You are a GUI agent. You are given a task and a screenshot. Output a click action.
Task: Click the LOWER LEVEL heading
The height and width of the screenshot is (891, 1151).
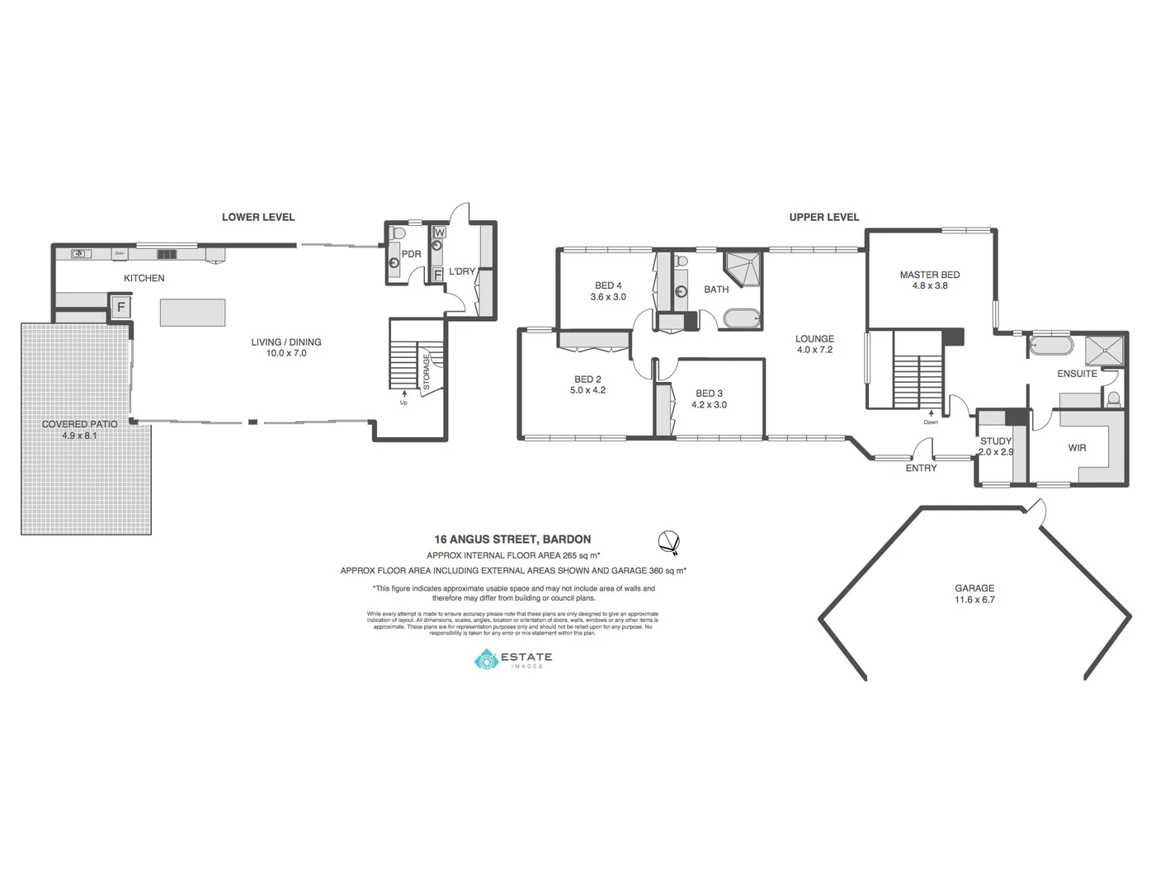[x=257, y=217]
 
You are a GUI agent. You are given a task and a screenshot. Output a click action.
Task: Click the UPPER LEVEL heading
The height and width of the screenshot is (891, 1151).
[x=823, y=217]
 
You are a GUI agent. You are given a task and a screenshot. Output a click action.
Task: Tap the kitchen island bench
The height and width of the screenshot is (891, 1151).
[x=192, y=313]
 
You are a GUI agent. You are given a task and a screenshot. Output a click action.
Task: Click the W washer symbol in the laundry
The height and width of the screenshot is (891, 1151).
[x=438, y=233]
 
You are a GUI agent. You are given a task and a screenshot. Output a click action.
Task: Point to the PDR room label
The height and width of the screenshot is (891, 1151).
[x=411, y=254]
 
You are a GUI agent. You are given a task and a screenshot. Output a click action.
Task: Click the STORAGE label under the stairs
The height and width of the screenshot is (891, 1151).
[x=427, y=372]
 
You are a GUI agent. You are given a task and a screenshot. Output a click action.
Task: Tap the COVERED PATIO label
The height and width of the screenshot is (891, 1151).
[x=79, y=424]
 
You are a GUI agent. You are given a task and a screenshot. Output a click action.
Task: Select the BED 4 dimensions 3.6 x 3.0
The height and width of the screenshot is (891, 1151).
[x=608, y=297]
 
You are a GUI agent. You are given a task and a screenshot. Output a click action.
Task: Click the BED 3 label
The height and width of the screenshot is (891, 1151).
[x=709, y=394]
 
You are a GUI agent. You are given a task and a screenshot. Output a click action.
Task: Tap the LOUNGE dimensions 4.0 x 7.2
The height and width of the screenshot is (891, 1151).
[x=814, y=350]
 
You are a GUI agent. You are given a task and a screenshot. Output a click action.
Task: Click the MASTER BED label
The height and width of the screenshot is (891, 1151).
[x=929, y=275]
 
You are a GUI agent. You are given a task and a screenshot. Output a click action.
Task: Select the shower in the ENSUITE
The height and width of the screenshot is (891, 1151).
[x=1104, y=350]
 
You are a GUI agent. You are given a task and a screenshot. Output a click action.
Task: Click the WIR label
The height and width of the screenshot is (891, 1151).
[x=1077, y=448]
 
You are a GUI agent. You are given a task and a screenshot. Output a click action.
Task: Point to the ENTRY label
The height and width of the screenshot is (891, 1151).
[x=921, y=468]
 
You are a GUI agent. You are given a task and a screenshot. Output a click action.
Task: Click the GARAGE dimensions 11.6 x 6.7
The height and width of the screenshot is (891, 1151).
[x=974, y=600]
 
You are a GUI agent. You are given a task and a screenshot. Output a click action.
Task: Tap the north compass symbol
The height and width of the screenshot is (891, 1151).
[x=668, y=541]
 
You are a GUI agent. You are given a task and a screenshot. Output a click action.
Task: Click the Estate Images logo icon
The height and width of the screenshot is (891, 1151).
[x=486, y=659]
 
